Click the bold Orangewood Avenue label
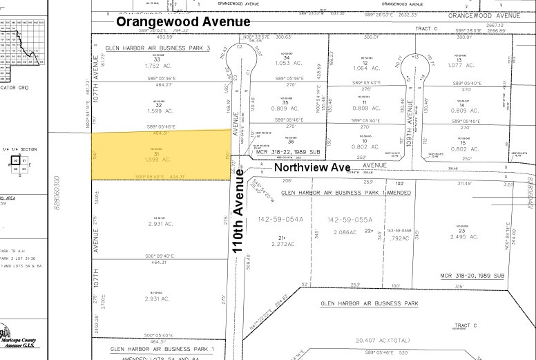tap(183, 22)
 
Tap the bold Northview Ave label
tap(316, 167)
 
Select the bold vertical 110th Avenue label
tap(239, 214)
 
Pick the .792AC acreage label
tap(399, 238)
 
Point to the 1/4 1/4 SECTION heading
tap(19, 149)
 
